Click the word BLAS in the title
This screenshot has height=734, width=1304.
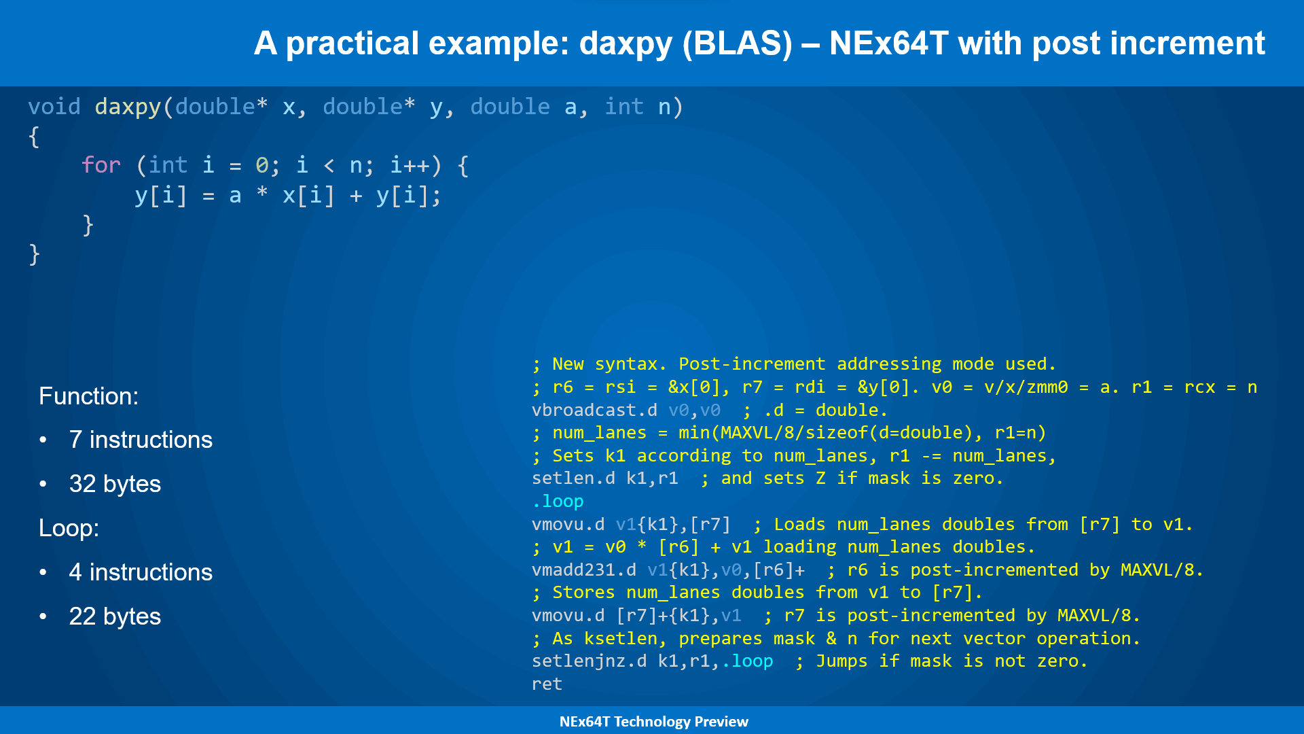click(x=737, y=43)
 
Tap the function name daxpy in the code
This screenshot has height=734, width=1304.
click(x=128, y=107)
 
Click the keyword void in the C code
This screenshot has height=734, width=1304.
click(x=54, y=107)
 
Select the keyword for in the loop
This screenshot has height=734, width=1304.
click(x=101, y=165)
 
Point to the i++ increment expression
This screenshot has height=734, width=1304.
click(x=410, y=165)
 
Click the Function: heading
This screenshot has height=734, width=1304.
click(x=88, y=396)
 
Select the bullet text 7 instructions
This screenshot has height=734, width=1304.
click(x=141, y=440)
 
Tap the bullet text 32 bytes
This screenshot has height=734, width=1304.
click(x=115, y=484)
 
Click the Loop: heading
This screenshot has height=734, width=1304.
click(x=69, y=528)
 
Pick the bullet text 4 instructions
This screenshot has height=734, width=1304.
click(x=141, y=572)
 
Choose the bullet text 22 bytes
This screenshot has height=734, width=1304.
click(x=115, y=616)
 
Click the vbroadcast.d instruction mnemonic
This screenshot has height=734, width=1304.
click(x=594, y=410)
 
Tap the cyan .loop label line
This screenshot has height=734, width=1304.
click(x=558, y=502)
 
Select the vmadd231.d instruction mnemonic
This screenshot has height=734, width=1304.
click(x=584, y=570)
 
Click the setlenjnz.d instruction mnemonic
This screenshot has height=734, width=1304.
click(x=589, y=661)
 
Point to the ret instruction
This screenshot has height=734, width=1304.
click(x=547, y=684)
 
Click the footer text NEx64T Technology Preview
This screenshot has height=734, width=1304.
click(x=653, y=722)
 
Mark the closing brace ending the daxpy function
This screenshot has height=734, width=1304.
click(x=34, y=255)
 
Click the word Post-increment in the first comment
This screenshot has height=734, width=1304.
click(x=752, y=364)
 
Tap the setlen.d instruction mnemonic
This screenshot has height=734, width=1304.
click(x=573, y=478)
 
